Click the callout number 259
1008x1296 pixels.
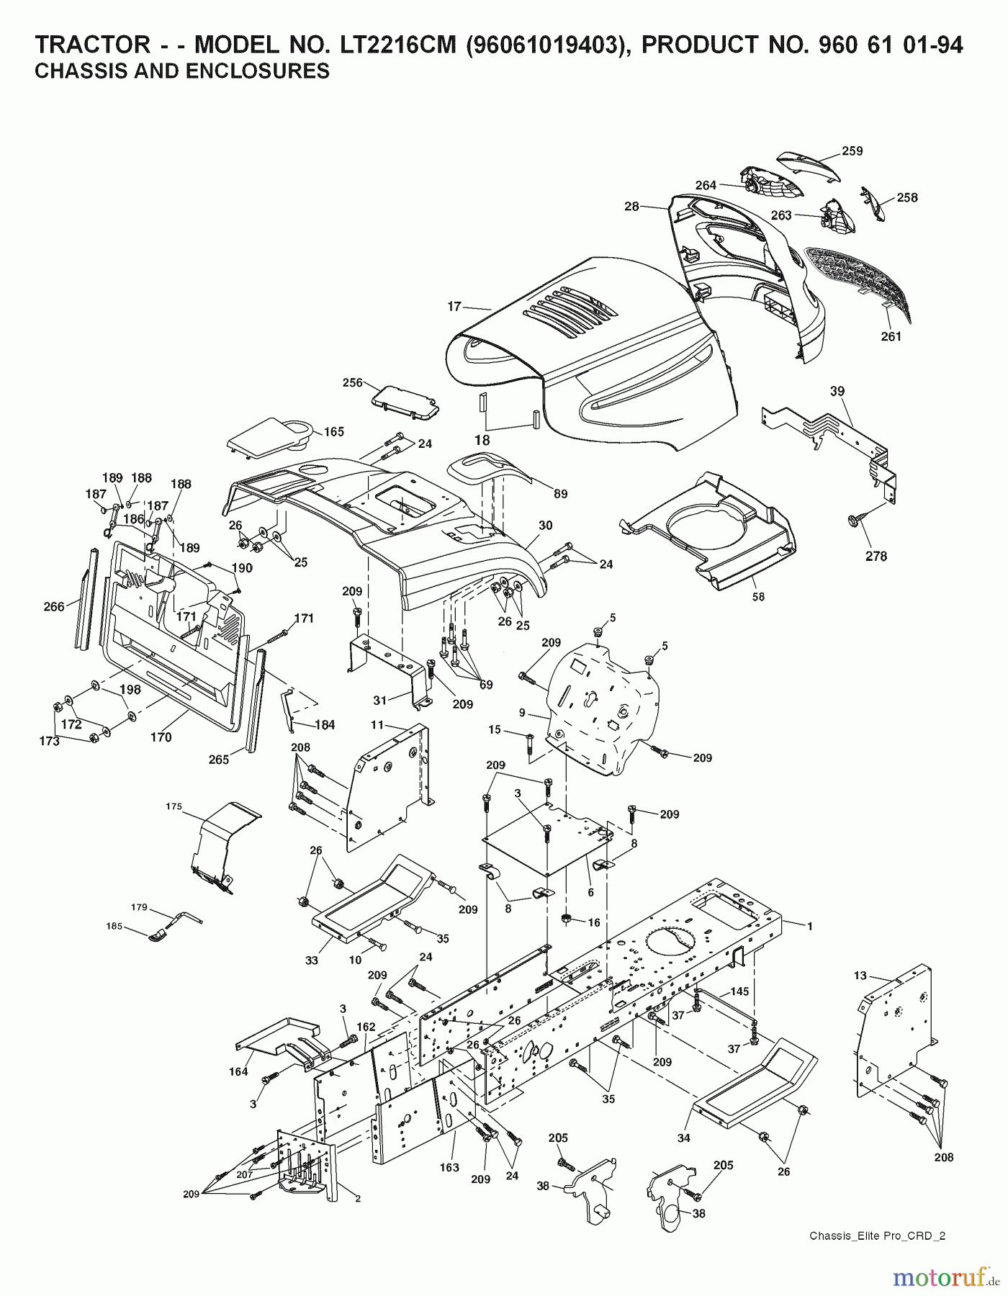point(852,151)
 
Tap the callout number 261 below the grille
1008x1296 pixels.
point(891,336)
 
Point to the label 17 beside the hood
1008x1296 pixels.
point(454,307)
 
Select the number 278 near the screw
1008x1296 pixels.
point(876,556)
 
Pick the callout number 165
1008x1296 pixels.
point(333,432)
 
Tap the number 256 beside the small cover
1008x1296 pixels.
point(353,384)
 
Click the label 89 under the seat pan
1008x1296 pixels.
point(560,494)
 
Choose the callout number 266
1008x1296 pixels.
point(54,607)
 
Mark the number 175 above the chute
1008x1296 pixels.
point(174,806)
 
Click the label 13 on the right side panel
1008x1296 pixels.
point(860,976)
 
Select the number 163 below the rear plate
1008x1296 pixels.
point(449,1168)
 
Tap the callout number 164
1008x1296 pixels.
point(238,1071)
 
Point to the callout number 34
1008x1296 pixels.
point(683,1138)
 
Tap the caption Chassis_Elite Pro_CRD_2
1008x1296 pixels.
point(877,1236)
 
